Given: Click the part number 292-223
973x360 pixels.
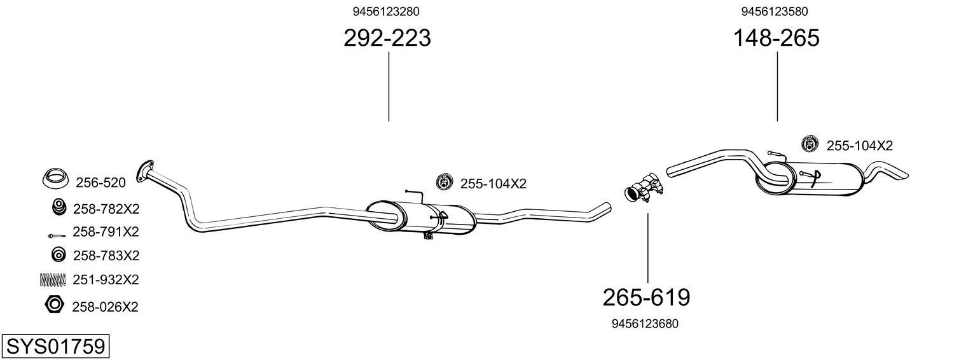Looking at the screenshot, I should click(387, 38).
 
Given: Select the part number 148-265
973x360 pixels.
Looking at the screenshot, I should click(776, 38).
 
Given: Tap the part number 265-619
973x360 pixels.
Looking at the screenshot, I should click(646, 297).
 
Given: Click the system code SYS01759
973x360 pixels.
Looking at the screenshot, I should click(55, 347).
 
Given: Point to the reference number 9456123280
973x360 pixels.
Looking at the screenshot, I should click(386, 11).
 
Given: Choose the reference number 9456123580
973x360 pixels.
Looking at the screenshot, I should click(775, 11).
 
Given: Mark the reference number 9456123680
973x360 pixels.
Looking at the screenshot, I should click(645, 324).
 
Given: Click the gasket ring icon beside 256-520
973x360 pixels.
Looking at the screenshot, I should click(55, 179).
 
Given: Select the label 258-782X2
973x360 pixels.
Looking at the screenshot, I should click(106, 209).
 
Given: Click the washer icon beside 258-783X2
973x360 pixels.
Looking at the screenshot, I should click(58, 255).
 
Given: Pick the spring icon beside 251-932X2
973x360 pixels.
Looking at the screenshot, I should click(54, 279).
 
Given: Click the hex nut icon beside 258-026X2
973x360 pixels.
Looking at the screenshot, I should click(55, 305).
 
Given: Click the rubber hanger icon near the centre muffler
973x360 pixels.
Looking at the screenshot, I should click(444, 183).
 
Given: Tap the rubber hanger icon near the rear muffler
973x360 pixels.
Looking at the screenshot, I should click(810, 144).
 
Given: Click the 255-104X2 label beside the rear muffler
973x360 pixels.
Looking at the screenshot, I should click(859, 146).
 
